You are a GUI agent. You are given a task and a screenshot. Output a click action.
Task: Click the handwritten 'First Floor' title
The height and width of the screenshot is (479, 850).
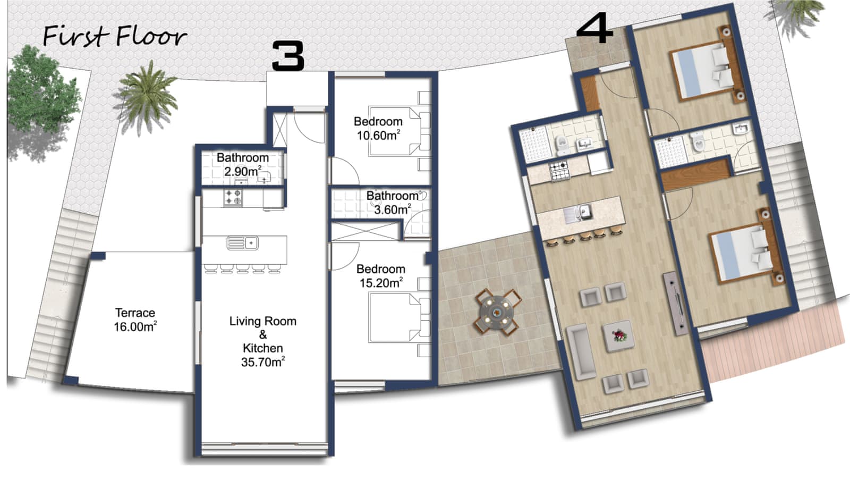(x=115, y=37)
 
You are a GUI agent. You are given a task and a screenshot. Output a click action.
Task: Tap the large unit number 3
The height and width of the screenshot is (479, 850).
(x=288, y=56)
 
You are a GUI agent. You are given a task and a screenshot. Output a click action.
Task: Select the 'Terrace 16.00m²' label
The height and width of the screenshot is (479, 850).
(x=135, y=320)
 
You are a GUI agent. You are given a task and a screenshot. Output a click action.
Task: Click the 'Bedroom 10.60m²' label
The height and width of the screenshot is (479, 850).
(x=378, y=129)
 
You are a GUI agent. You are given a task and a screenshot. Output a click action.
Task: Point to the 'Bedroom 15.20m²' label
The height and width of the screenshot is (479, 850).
(x=380, y=276)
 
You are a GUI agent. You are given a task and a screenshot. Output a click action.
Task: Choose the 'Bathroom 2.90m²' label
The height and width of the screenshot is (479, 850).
(x=243, y=164)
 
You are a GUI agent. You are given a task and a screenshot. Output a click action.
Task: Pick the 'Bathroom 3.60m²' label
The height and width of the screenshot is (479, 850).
(x=393, y=203)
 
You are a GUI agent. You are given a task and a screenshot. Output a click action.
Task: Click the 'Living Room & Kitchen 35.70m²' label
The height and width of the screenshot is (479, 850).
(x=262, y=341)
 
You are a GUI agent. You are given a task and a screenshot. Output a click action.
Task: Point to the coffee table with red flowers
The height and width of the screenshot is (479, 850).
(x=618, y=336)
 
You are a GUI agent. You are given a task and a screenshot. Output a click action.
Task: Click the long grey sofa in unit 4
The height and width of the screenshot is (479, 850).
(x=581, y=351)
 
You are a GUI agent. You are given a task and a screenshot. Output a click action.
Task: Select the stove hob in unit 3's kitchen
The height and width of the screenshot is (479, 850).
(x=233, y=198)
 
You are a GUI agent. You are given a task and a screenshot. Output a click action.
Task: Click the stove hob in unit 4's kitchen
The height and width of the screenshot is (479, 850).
(x=560, y=170)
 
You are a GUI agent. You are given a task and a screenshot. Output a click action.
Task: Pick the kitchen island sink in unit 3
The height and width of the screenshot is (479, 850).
(x=242, y=243)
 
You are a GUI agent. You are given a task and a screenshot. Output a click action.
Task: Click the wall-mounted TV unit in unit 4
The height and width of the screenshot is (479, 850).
(x=674, y=303)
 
